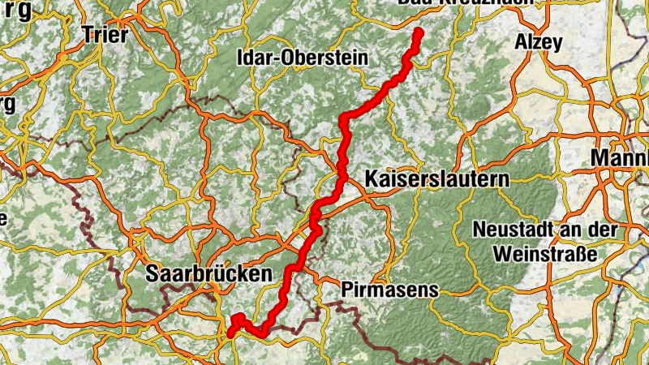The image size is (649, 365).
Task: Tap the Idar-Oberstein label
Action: [x=301, y=58]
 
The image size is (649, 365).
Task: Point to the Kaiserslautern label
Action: [x=436, y=178]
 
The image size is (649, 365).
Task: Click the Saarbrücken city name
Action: [x=208, y=275]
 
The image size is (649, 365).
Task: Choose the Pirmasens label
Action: [x=389, y=289]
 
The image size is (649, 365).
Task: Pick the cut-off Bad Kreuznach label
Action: [x=466, y=2]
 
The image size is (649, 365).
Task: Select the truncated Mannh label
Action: [x=621, y=158]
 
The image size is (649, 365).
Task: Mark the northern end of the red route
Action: [x=419, y=32]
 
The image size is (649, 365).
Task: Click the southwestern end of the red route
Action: [x=230, y=333]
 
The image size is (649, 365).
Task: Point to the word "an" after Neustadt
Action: [x=561, y=230]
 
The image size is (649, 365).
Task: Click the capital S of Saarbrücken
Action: [x=152, y=275]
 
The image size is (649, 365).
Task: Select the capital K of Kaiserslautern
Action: [x=372, y=178]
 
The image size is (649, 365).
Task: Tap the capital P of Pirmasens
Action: [x=348, y=289]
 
